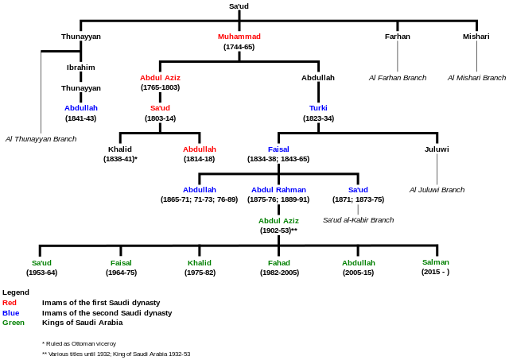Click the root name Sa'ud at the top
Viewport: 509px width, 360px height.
click(x=239, y=6)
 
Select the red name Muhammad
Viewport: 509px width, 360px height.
click(x=239, y=37)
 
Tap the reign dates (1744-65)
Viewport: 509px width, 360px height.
click(x=239, y=47)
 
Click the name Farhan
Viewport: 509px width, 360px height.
click(x=398, y=37)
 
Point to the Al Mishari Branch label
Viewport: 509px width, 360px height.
click(x=476, y=78)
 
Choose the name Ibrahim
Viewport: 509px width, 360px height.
click(x=81, y=68)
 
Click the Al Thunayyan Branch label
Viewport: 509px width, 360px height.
click(x=41, y=139)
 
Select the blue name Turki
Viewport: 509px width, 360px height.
click(x=318, y=108)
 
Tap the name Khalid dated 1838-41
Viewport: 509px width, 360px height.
click(x=120, y=149)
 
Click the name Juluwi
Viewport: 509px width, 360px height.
click(x=437, y=149)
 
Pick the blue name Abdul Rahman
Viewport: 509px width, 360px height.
click(x=278, y=190)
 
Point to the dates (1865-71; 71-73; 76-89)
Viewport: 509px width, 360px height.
click(x=200, y=199)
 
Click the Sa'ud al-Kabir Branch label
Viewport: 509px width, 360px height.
click(x=359, y=220)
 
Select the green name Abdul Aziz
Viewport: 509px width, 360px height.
click(x=278, y=221)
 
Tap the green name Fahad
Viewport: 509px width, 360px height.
click(x=279, y=263)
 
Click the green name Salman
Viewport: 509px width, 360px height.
click(x=436, y=262)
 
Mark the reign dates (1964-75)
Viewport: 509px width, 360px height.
click(x=121, y=273)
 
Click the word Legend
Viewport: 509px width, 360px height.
click(x=16, y=292)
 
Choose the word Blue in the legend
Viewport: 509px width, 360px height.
click(x=10, y=313)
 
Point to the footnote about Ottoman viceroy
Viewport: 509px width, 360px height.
click(x=79, y=343)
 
